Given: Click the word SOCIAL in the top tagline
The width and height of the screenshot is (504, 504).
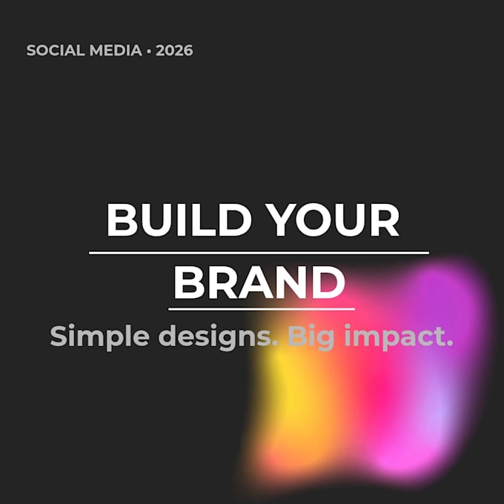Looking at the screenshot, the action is tap(56, 50).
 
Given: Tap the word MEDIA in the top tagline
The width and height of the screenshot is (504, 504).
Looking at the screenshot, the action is tap(116, 50).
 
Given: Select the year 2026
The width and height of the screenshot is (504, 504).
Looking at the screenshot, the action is tap(174, 50).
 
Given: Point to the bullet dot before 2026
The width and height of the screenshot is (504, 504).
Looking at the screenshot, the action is tap(149, 51).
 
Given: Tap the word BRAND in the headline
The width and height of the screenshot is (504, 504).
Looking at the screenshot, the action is tap(259, 282).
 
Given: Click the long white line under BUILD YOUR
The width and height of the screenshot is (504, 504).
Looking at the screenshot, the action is tap(259, 253).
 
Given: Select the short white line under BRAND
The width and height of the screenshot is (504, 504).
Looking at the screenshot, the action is tap(262, 309).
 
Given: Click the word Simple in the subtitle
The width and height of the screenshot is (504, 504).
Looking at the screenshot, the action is tap(99, 336).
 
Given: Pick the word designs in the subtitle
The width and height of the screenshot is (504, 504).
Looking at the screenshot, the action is tap(218, 336).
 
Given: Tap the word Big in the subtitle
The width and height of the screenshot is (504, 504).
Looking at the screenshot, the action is tap(311, 336).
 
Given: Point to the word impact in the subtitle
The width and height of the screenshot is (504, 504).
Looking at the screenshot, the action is tap(394, 336).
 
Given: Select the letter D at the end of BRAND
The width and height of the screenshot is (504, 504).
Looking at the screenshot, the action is tap(328, 282).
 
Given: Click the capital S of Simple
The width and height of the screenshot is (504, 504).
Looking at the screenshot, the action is tap(58, 336).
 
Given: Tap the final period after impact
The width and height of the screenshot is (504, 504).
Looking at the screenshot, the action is tap(449, 343).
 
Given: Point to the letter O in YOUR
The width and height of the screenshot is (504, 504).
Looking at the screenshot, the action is tap(313, 220).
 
